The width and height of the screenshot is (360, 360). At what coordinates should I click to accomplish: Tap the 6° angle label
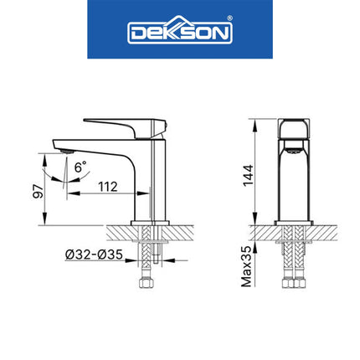[x=80, y=167]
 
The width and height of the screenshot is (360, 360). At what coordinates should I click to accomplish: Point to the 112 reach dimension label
[x=105, y=186]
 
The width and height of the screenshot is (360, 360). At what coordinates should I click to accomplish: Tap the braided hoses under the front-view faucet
[x=293, y=260]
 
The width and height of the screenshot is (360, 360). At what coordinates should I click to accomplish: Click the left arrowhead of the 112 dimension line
[x=70, y=194]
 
